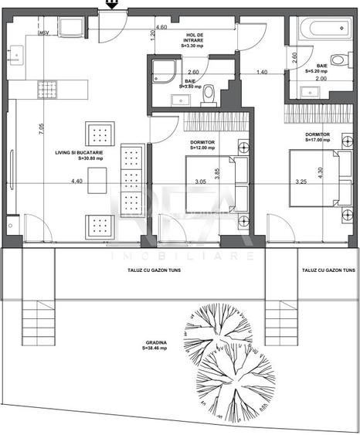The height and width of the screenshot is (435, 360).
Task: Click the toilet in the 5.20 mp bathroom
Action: pyautogui.click(x=338, y=60)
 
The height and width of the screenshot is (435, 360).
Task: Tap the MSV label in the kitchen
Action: pyautogui.click(x=43, y=32)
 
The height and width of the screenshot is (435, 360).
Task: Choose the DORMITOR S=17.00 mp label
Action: pyautogui.click(x=317, y=138)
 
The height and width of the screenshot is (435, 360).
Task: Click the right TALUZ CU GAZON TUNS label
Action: pyautogui.click(x=329, y=272)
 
